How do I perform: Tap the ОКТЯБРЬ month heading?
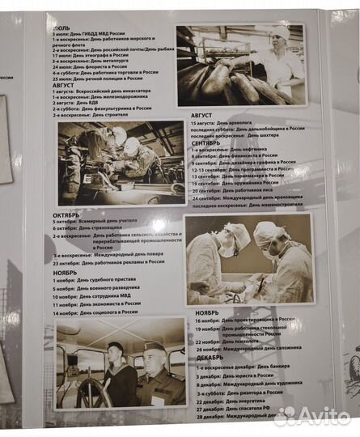coord(66,215)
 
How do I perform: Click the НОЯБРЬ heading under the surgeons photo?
coord(206,312)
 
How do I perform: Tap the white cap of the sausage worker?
coord(280,34)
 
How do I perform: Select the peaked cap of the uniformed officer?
coord(154,347)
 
